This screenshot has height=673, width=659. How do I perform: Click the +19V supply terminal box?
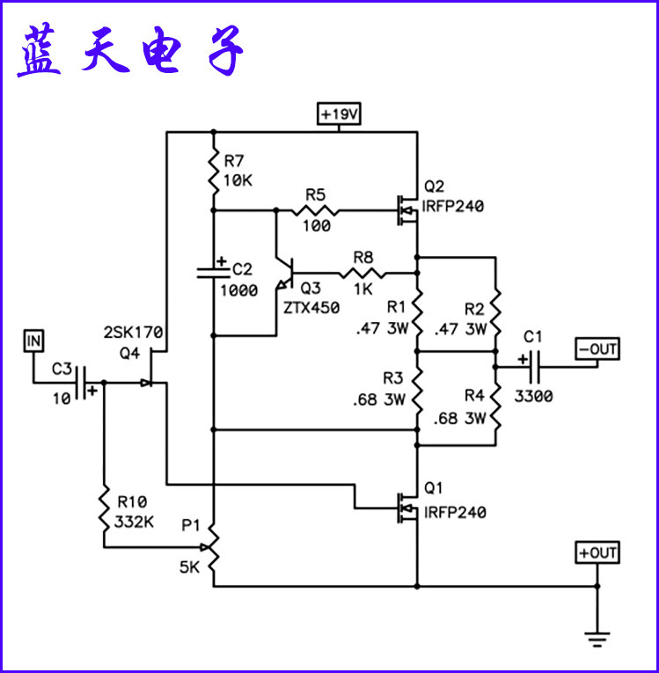339,114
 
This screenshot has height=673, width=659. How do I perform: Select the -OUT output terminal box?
597,348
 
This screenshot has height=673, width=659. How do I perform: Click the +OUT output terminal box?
597,552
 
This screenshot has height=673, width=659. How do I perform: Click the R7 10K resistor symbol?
213,172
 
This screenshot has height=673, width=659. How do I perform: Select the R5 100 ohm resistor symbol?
315,211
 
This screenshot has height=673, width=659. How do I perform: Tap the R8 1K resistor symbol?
362,273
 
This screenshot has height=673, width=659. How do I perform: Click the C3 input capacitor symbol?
84,383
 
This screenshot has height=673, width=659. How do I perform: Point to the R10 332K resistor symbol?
104,510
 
